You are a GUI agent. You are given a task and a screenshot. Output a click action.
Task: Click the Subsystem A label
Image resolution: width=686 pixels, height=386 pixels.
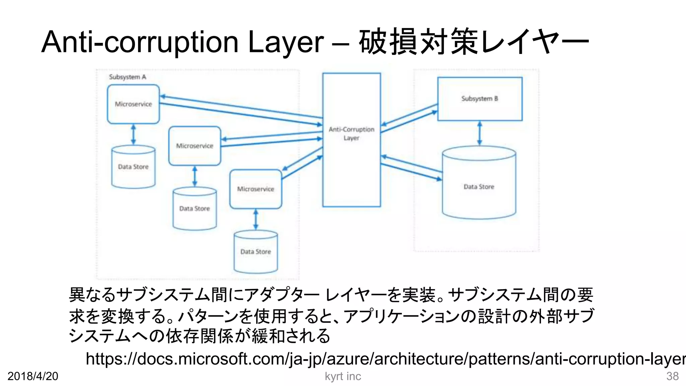128,77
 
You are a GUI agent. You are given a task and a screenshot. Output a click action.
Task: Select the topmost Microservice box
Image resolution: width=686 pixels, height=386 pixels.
133,104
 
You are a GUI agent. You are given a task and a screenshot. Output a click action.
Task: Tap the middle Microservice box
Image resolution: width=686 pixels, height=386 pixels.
195,146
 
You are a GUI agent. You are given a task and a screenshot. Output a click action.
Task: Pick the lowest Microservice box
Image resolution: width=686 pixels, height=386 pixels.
256,189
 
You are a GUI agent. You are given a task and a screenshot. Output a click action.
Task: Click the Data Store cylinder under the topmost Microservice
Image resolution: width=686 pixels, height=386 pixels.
133,167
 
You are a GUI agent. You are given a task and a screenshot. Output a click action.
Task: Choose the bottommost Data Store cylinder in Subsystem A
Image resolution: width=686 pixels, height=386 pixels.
256,252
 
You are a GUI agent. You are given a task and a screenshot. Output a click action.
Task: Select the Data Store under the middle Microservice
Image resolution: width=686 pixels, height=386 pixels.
195,208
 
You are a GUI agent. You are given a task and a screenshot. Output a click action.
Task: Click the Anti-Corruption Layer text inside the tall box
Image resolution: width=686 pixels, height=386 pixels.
351,133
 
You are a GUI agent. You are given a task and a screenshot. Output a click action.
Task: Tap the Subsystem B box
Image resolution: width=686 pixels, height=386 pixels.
480,99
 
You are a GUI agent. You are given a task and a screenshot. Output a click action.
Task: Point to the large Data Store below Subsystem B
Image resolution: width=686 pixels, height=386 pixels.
479,187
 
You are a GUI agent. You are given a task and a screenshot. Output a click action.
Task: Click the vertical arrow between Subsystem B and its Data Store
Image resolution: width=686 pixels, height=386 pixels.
480,133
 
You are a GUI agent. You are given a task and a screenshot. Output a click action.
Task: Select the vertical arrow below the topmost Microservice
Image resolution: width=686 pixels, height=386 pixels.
133,134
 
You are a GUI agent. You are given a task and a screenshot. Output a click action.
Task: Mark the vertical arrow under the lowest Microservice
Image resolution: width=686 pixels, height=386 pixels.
256,219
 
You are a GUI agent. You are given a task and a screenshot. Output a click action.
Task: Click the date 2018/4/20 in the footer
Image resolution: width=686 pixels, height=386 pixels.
33,376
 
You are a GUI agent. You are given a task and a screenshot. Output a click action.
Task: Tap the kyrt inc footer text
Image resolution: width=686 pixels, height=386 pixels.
343,376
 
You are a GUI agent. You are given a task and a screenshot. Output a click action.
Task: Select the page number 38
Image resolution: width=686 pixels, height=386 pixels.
672,376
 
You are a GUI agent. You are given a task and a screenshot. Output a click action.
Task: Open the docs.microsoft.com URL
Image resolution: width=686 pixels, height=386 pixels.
385,359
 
